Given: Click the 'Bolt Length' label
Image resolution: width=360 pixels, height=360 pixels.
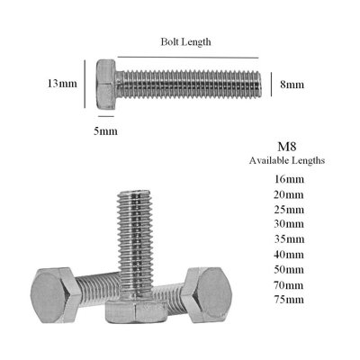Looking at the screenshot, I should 186,41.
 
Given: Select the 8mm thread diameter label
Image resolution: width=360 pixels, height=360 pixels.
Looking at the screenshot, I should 292,84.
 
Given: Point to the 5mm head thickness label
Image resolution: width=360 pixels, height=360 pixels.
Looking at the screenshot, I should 106,132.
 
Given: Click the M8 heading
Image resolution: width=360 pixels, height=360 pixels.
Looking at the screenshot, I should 287,147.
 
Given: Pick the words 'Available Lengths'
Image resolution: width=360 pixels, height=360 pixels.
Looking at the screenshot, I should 287,161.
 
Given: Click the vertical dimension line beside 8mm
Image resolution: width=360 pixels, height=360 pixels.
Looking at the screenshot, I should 272,84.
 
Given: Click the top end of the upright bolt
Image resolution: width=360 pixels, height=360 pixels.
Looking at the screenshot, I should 135,194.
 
